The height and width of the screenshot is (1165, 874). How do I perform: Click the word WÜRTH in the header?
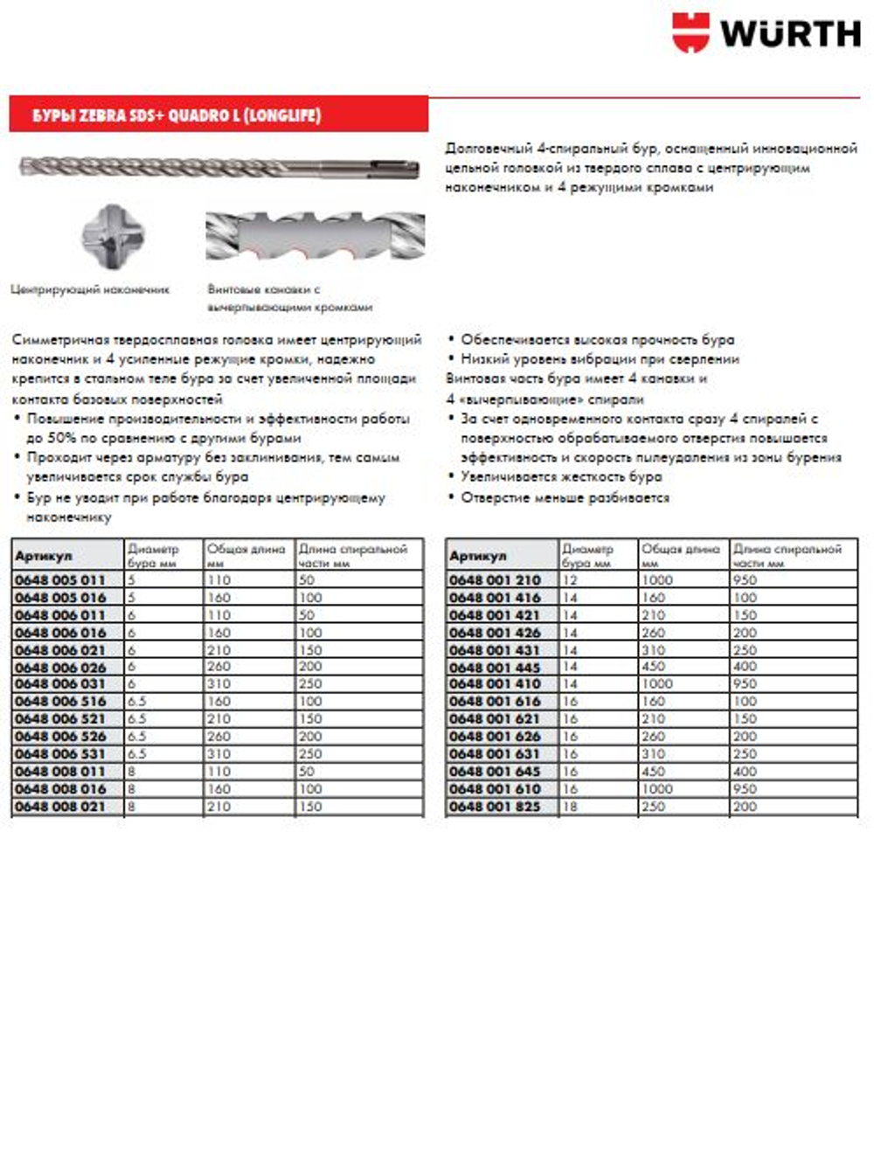pos(790,34)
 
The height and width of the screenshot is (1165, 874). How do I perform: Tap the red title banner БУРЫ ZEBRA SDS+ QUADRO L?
pos(218,114)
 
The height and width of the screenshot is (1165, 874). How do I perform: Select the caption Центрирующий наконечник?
pos(90,289)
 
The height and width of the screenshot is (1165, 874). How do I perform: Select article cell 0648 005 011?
pos(60,580)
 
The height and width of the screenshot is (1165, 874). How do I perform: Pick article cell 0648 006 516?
pos(60,702)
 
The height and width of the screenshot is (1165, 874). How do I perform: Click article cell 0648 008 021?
pos(60,807)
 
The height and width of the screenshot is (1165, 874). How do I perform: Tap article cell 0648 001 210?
pos(495,580)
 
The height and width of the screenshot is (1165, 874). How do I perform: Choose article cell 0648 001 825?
pos(495,807)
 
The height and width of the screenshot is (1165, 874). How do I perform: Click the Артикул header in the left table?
pos(44,556)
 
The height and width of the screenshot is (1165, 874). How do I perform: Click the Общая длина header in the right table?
pos(680,550)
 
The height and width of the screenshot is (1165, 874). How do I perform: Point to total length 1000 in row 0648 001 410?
pos(657,684)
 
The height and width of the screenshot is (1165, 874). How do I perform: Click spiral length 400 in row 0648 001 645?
pos(746,772)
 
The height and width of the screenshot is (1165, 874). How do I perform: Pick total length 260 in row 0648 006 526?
pos(218,737)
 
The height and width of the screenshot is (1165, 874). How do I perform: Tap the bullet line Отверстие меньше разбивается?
pos(565,497)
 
